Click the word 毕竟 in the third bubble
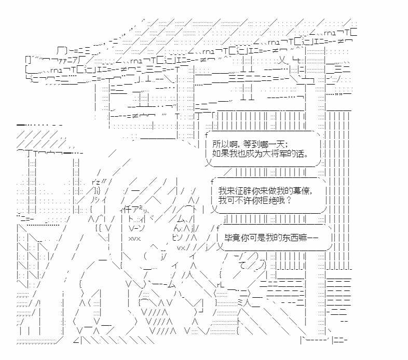[x=232, y=239]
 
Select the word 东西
[x=291, y=239]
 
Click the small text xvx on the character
[x=134, y=239]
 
